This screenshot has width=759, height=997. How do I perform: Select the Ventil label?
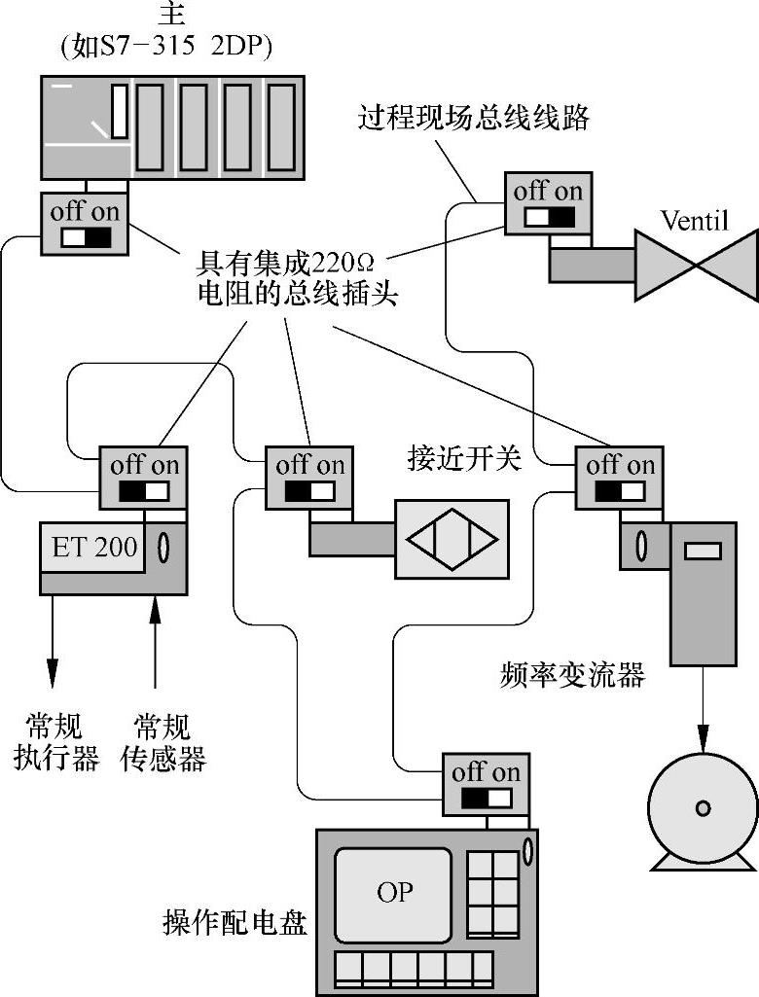pos(694,220)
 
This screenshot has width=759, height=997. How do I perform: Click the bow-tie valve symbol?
pos(695,265)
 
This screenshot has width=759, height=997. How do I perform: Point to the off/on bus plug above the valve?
pos(547,203)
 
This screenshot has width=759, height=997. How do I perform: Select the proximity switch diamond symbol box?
pos(452,539)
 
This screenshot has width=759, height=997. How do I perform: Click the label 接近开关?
pos(464,459)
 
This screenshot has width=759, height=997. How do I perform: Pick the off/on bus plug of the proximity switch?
pos(309,478)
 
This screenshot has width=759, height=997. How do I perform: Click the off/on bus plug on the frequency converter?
pos(620,478)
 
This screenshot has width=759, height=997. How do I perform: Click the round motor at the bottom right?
pos(703,808)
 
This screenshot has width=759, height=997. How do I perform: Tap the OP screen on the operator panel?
pos(394,892)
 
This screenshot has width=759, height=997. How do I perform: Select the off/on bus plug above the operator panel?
pos(486,785)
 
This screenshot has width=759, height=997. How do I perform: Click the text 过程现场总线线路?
pos(473,119)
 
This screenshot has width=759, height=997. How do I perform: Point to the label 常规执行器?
pos(55,742)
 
